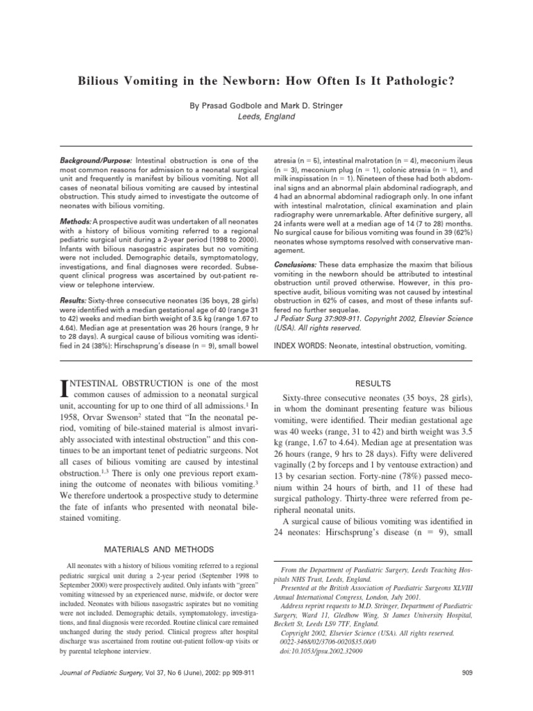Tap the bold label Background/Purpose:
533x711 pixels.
(x=94, y=160)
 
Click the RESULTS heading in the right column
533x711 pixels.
(x=374, y=383)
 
